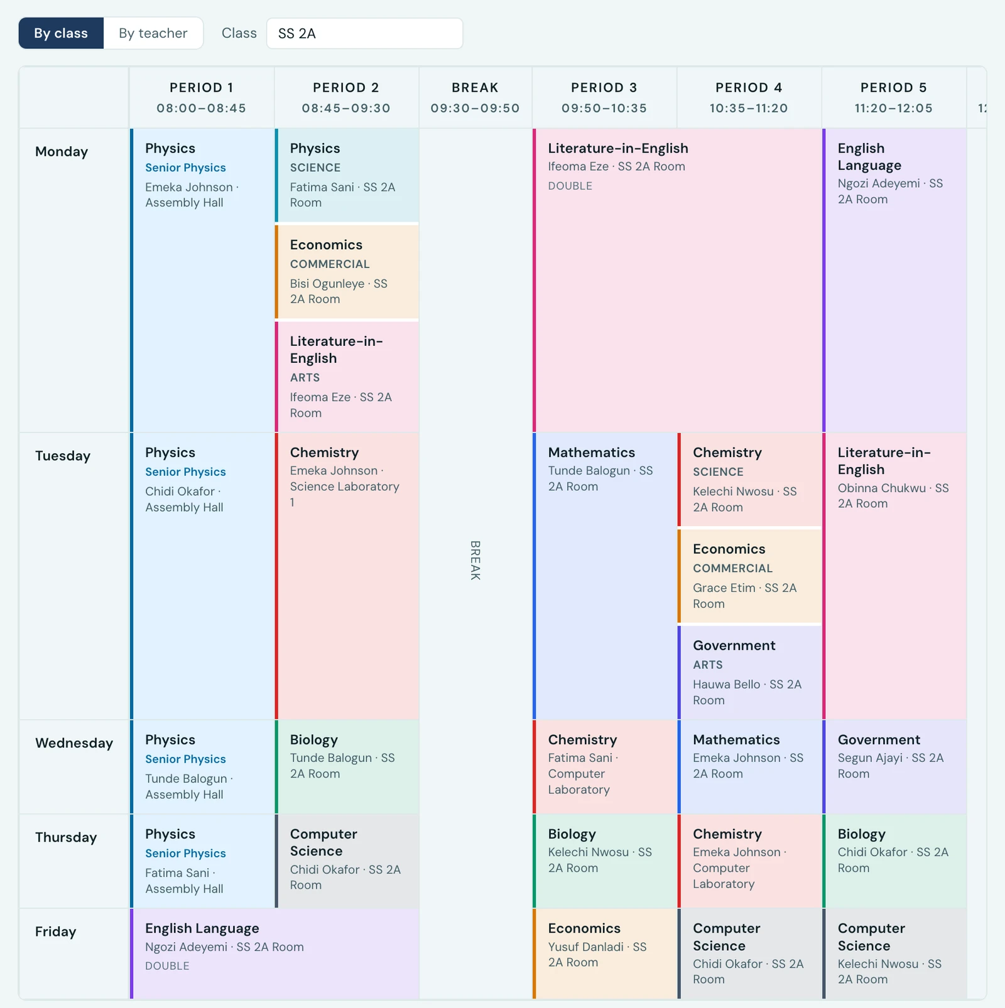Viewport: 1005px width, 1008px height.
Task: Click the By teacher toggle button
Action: click(153, 33)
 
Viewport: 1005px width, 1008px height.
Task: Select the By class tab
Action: click(61, 33)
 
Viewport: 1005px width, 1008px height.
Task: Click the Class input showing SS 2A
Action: click(364, 33)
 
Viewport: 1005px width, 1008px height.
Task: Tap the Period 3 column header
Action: click(604, 97)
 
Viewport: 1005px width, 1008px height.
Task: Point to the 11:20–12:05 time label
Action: click(894, 108)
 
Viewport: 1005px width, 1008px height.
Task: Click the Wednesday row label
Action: click(74, 743)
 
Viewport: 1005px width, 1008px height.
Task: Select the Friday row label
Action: click(55, 931)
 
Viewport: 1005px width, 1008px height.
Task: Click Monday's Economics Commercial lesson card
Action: click(347, 272)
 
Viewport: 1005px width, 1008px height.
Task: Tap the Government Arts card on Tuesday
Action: click(749, 672)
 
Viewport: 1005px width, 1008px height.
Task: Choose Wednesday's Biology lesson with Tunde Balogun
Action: click(347, 766)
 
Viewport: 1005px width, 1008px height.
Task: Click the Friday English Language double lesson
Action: click(274, 953)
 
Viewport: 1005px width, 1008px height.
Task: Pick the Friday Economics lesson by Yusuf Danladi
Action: click(604, 953)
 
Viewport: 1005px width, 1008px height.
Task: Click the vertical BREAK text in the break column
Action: click(475, 560)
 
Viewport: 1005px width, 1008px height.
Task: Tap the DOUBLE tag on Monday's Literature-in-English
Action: click(570, 186)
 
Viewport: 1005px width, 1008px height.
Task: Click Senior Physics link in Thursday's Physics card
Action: click(185, 854)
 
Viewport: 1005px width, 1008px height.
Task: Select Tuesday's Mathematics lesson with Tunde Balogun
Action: click(604, 576)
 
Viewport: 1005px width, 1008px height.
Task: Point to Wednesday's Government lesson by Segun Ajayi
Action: click(894, 766)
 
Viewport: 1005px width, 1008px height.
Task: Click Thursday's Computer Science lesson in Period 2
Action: click(347, 861)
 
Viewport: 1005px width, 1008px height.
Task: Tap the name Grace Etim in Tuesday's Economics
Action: click(724, 588)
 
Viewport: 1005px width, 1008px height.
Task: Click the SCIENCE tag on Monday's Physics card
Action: click(315, 168)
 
